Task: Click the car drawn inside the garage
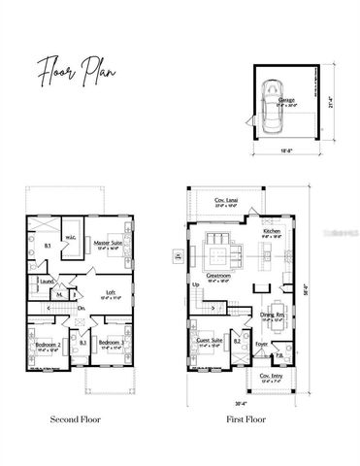[273, 108]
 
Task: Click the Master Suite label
[108, 242]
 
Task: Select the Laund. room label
[45, 283]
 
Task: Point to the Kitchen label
[271, 230]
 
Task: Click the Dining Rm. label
[272, 314]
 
